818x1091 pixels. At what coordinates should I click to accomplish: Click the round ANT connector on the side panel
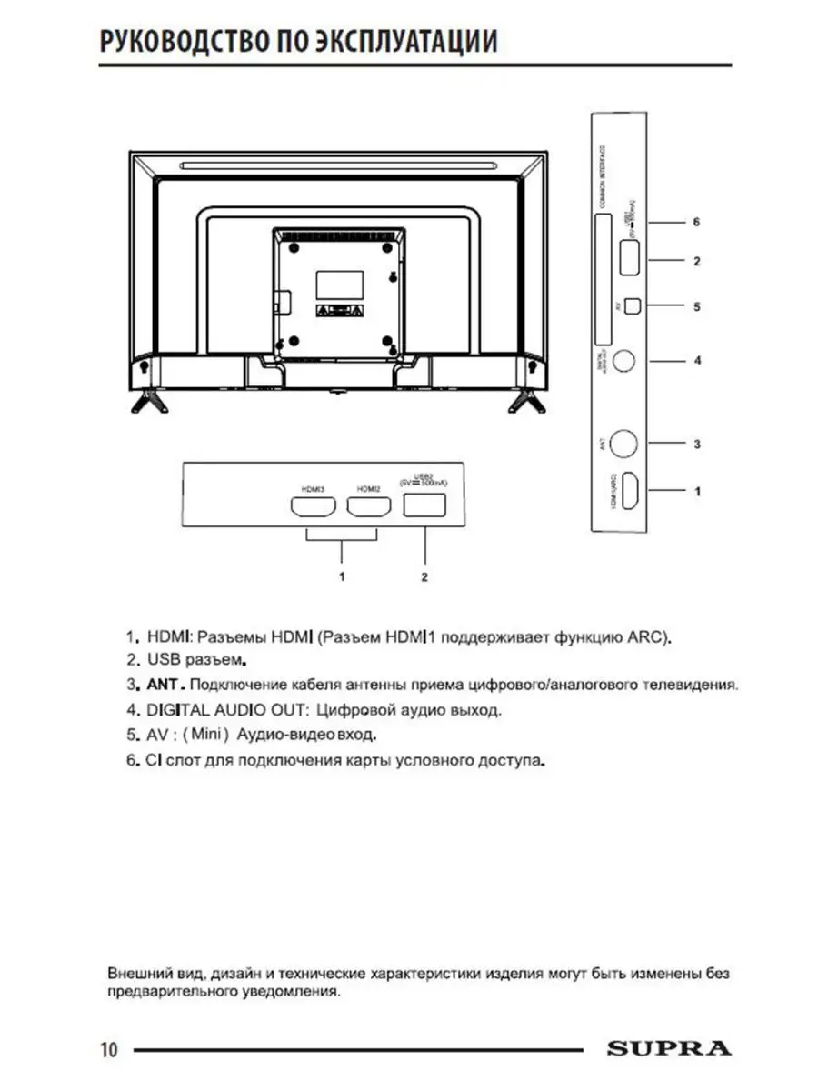(x=623, y=444)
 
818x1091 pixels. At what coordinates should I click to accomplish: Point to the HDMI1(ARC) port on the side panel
(x=628, y=492)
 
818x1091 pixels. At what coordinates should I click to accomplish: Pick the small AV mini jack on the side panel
(x=633, y=306)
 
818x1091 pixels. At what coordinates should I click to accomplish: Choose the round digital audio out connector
(x=623, y=360)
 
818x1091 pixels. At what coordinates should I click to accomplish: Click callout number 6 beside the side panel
(x=696, y=222)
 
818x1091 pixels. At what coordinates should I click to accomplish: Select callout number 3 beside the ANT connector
(x=696, y=445)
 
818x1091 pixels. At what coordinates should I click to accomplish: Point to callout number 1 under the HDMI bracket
(x=341, y=576)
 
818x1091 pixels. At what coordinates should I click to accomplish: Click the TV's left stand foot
(x=146, y=400)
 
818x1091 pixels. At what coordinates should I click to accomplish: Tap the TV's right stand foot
(x=526, y=400)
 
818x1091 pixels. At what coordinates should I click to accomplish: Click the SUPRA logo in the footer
(x=668, y=1048)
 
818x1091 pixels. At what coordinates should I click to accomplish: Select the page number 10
(x=109, y=1050)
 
